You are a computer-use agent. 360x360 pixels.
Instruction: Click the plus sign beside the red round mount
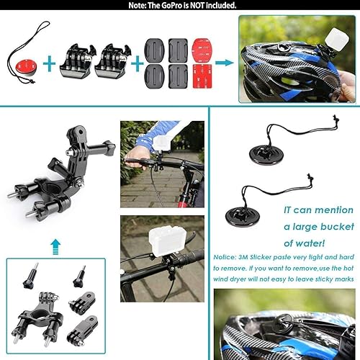click(50, 63)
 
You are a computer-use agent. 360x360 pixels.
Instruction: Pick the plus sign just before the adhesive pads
click(135, 63)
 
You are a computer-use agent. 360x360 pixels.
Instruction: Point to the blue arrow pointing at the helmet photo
click(224, 63)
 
